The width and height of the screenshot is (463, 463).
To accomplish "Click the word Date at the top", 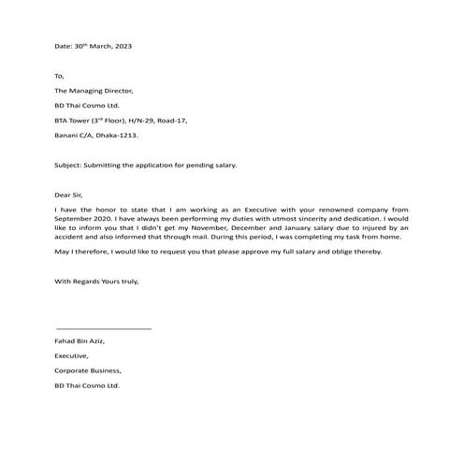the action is pyautogui.click(x=64, y=46).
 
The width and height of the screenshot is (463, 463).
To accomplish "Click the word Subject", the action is pyautogui.click(x=69, y=166).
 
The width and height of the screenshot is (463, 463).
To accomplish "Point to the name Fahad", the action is pyautogui.click(x=65, y=341).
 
